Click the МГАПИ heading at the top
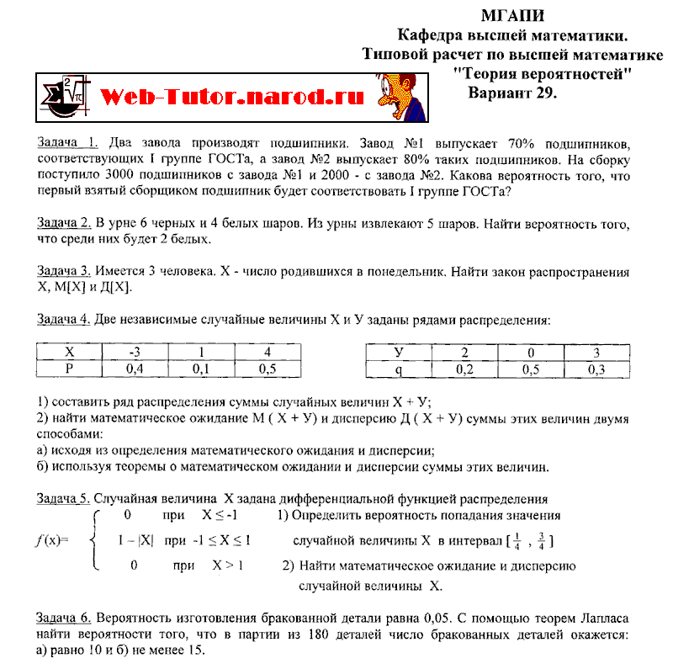(512, 16)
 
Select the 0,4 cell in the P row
(134, 369)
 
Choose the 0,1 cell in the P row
(201, 369)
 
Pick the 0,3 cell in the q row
(596, 369)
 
